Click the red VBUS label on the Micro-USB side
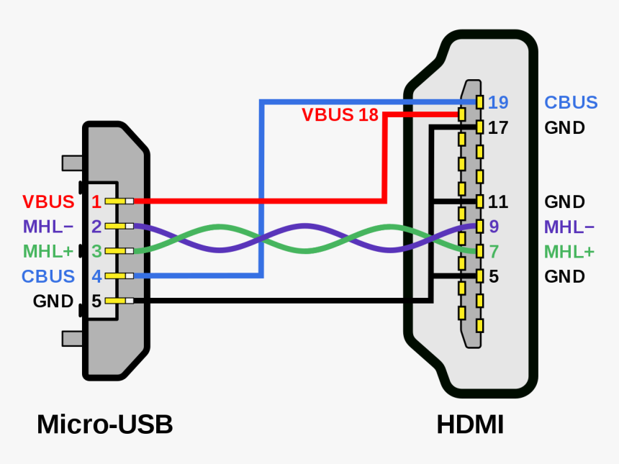(x=48, y=201)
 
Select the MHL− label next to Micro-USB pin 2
(x=48, y=227)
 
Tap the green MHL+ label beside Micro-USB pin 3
(x=48, y=251)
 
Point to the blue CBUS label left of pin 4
(x=48, y=276)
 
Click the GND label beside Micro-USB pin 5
(x=53, y=301)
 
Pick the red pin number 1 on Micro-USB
(x=96, y=201)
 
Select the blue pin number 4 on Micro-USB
(x=96, y=276)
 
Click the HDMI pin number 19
(x=498, y=102)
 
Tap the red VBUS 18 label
(x=340, y=115)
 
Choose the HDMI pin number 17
(x=498, y=128)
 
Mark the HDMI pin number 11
(x=498, y=202)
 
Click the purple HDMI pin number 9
(x=494, y=227)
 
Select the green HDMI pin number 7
(x=494, y=252)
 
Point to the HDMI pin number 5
(x=494, y=276)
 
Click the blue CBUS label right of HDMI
(x=571, y=102)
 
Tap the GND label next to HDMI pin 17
(x=564, y=128)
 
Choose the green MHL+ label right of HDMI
(x=569, y=252)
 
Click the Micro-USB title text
(x=104, y=424)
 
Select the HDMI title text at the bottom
(x=470, y=424)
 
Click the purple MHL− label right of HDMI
(x=569, y=227)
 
